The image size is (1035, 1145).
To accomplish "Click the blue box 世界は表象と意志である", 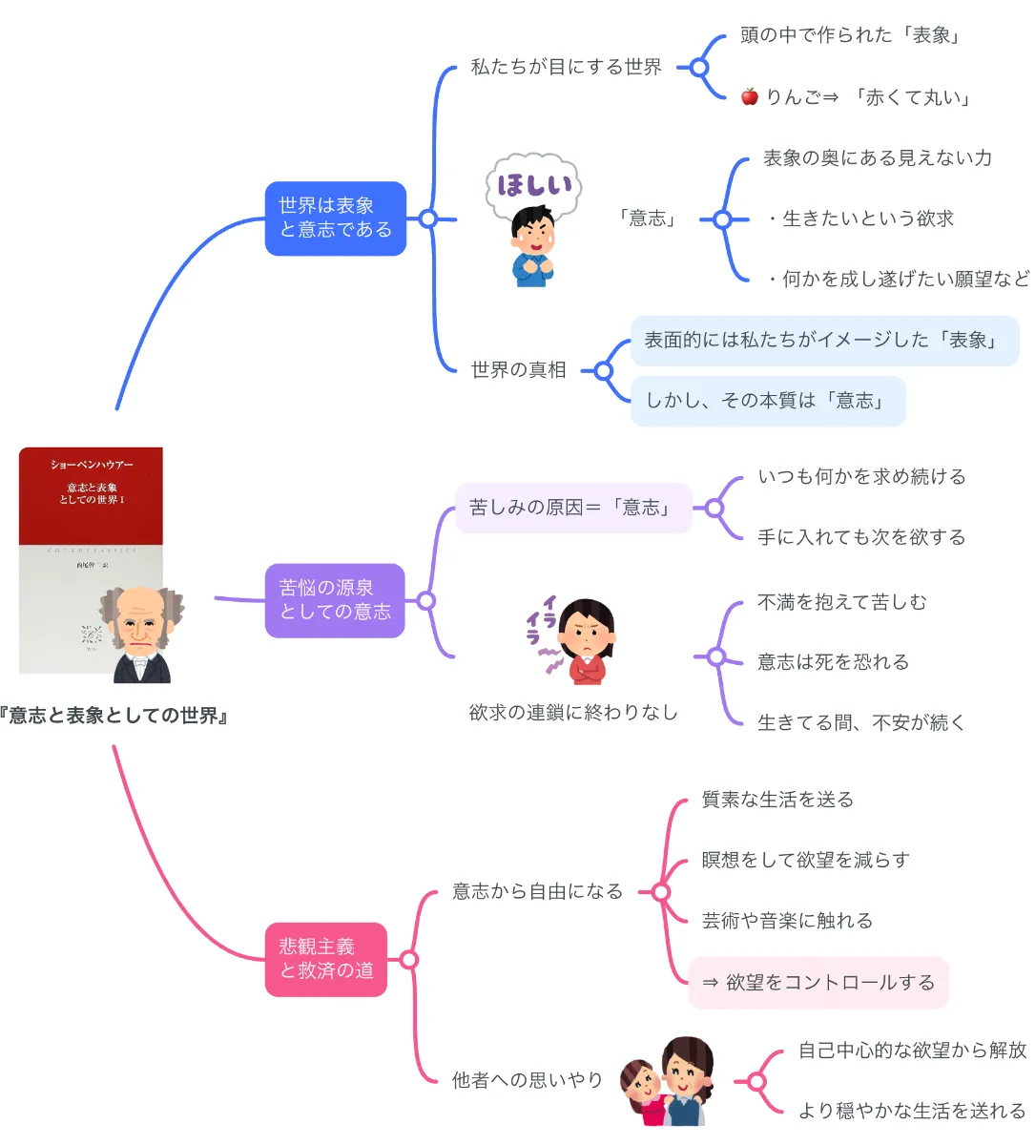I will pyautogui.click(x=335, y=219).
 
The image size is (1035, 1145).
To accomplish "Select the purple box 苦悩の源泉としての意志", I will pyautogui.click(x=335, y=600).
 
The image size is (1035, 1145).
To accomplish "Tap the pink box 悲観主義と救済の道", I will pyautogui.click(x=325, y=959).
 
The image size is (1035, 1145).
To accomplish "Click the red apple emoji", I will pyautogui.click(x=750, y=96).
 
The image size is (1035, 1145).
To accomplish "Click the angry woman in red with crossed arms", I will pyautogui.click(x=586, y=641).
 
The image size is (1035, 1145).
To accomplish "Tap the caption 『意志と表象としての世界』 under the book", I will pyautogui.click(x=114, y=716).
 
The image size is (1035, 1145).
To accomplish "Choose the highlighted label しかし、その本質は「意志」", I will pyautogui.click(x=767, y=401).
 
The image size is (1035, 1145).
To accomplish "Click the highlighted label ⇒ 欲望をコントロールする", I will pyautogui.click(x=818, y=982).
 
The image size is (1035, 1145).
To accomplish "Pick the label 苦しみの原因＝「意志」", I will pyautogui.click(x=572, y=508).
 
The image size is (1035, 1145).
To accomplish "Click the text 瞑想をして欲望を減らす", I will pyautogui.click(x=805, y=860).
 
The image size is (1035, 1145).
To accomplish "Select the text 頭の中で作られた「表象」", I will pyautogui.click(x=852, y=35).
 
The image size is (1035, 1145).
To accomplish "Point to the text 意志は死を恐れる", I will pyautogui.click(x=833, y=662).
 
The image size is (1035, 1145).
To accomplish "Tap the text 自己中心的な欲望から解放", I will pyautogui.click(x=912, y=1050).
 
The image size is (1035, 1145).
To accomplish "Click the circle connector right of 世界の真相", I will pyautogui.click(x=603, y=370).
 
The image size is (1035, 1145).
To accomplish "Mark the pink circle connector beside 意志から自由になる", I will pyautogui.click(x=659, y=892).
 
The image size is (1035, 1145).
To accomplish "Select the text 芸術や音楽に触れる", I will pyautogui.click(x=787, y=921).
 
